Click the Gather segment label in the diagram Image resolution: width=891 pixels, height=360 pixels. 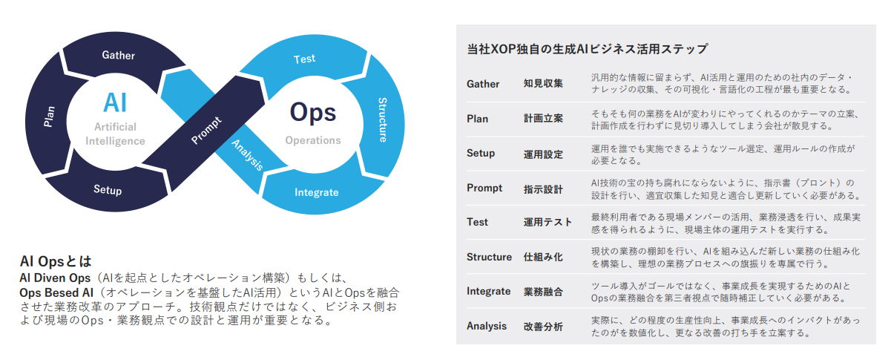(x=119, y=55)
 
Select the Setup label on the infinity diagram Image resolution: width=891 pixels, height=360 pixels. (x=108, y=190)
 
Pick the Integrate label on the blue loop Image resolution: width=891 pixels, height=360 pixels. (x=317, y=193)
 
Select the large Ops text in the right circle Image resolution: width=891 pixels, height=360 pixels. (x=312, y=112)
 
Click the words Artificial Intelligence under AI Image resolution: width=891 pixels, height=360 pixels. (x=116, y=134)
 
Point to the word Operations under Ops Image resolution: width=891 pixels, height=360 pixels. (x=313, y=140)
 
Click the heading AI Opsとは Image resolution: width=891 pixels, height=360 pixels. (x=55, y=261)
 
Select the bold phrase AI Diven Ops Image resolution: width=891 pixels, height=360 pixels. (x=57, y=277)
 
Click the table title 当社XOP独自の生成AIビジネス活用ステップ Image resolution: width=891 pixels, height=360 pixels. (x=587, y=50)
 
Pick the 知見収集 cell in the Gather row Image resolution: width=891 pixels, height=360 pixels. (x=543, y=84)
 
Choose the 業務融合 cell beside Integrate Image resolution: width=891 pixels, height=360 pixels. (x=543, y=292)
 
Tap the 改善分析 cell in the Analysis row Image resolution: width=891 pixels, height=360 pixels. (x=543, y=326)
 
